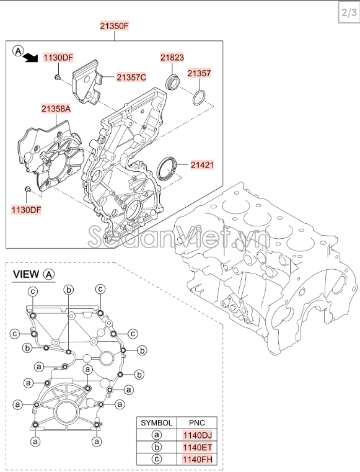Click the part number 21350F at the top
point(114,26)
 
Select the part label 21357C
point(131,78)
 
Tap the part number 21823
point(172,58)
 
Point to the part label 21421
point(203,164)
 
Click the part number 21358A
point(56,109)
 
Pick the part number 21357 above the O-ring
point(199,73)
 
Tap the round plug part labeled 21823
point(173,82)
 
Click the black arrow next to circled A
point(31,58)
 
